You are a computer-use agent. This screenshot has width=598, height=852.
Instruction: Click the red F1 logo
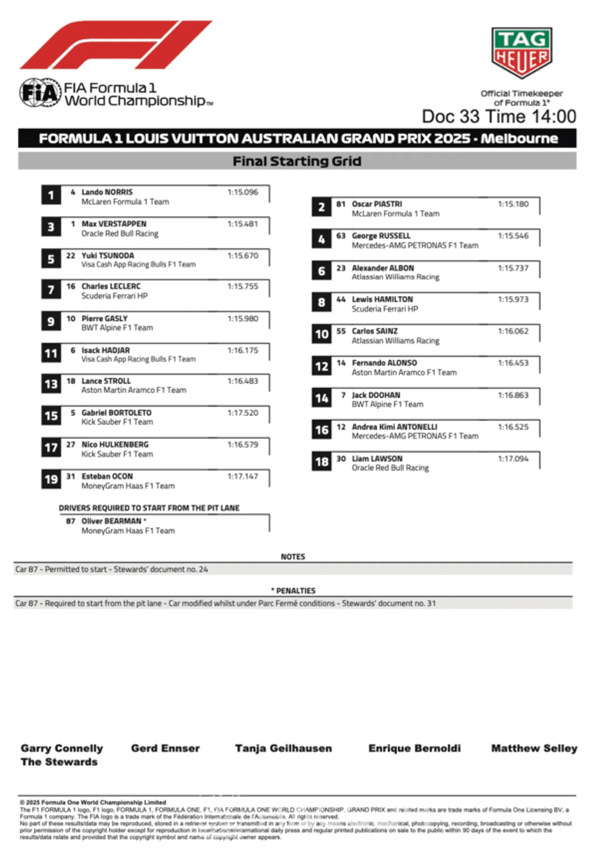coord(115,45)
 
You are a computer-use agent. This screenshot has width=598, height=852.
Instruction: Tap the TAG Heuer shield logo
coord(521,52)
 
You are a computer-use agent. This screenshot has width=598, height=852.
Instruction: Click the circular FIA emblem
coord(40,92)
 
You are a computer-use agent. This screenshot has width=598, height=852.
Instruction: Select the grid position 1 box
coord(51,195)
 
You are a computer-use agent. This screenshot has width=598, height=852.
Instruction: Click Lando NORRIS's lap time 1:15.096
coord(242,192)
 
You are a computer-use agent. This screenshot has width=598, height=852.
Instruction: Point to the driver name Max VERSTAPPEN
coord(114,224)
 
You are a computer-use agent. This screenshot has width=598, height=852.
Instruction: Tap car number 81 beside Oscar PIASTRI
coord(341,204)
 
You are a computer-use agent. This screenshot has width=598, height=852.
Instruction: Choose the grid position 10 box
coord(321,334)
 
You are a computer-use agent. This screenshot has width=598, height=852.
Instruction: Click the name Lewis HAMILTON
coord(382,299)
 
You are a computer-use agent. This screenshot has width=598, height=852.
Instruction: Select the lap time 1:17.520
coord(242,413)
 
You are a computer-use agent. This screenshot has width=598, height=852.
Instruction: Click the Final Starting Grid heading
coord(297,161)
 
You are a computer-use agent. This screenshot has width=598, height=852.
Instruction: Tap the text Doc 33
coord(450,116)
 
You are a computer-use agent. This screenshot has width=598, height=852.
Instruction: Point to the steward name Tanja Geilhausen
coord(284,748)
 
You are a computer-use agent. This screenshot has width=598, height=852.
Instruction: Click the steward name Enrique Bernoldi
coord(414,748)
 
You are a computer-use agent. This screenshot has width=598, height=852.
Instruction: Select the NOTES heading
coord(292,557)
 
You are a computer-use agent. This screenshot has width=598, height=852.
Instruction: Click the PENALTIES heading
coord(295,591)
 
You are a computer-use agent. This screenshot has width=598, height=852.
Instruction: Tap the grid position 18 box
coord(321,461)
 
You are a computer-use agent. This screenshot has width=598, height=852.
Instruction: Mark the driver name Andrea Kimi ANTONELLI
coord(394,427)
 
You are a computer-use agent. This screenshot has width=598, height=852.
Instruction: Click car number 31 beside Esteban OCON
coord(71,476)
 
